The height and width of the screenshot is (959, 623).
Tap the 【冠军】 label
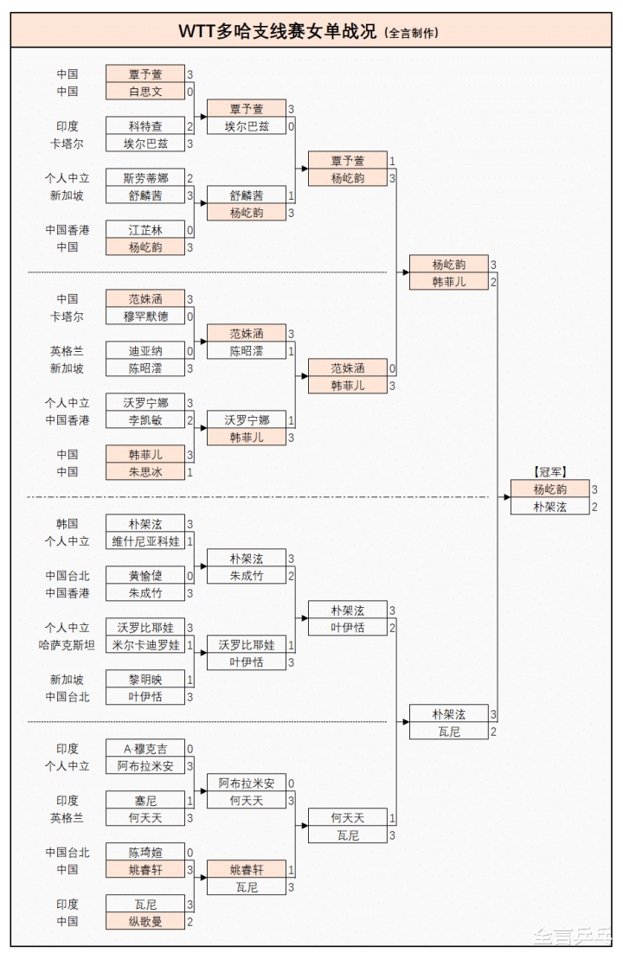tap(549, 472)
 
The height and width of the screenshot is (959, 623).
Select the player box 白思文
tap(145, 92)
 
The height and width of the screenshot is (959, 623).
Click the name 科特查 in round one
tap(145, 126)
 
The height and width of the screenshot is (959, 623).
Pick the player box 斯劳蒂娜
tap(145, 178)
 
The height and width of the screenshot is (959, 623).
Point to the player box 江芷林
tap(145, 230)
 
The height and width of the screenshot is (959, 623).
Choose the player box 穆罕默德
tap(145, 316)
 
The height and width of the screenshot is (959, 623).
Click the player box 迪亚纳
tap(145, 351)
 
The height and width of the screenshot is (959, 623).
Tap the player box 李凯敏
tap(145, 420)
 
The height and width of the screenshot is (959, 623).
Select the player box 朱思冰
tap(145, 472)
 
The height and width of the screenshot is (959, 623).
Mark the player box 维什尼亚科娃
tap(145, 541)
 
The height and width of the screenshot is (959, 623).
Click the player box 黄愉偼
tap(145, 576)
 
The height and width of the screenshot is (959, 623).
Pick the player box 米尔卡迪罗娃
tap(145, 645)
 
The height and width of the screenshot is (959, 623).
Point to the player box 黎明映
tap(145, 680)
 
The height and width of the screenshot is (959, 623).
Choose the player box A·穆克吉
tap(145, 749)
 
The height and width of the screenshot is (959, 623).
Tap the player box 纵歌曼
tap(145, 922)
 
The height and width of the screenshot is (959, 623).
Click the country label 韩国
tap(67, 524)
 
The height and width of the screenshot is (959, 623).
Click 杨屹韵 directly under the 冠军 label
tap(549, 489)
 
